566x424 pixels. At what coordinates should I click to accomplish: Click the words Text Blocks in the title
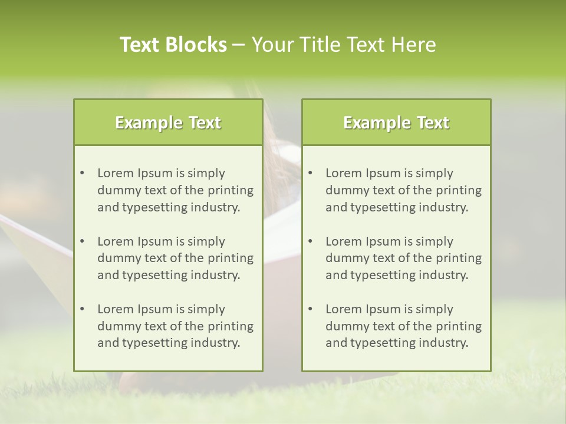point(173,45)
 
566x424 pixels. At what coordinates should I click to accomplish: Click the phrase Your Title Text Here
point(344,45)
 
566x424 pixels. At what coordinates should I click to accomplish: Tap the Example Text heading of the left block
point(168,122)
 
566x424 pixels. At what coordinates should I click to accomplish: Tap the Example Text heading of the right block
point(396,122)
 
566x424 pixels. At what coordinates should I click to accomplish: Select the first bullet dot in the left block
point(82,173)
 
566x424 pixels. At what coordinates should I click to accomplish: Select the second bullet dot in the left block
point(82,241)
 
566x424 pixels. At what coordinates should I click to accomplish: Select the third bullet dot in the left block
point(82,309)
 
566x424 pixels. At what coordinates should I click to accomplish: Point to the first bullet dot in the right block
point(310,173)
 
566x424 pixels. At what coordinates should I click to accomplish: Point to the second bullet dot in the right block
point(310,241)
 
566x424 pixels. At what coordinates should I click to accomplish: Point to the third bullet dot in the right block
point(310,309)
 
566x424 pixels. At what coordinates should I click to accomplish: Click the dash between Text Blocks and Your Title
point(239,45)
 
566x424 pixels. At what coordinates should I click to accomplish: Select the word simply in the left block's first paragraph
point(206,173)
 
